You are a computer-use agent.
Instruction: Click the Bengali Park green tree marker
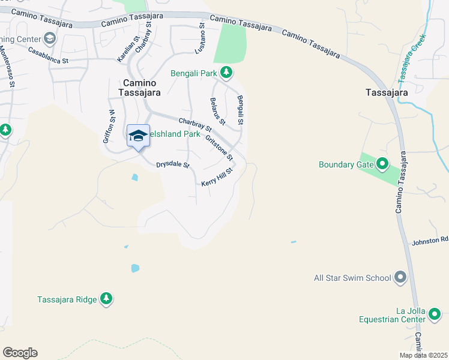(226, 73)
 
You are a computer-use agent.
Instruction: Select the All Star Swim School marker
(400, 278)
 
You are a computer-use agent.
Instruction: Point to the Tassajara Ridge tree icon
(106, 299)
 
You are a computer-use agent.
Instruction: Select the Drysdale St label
(173, 164)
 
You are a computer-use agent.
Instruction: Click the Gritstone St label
(218, 148)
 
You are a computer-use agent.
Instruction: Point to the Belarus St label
(217, 112)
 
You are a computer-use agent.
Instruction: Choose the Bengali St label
(240, 110)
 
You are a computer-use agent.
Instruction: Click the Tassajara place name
(387, 92)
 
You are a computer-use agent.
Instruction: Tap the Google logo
(20, 353)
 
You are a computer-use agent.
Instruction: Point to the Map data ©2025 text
(423, 355)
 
